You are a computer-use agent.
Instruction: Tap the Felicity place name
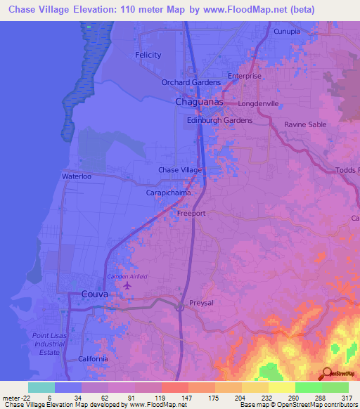pos(148,55)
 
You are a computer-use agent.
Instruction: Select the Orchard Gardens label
pos(191,82)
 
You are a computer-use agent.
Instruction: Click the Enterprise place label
pos(245,76)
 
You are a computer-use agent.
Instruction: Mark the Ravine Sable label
pos(305,124)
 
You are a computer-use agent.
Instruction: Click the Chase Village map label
pos(180,170)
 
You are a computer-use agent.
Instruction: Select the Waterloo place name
pos(77,176)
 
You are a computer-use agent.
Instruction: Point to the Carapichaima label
pos(169,190)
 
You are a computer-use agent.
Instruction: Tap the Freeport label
pos(191,212)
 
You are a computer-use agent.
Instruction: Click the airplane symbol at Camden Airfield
pos(127,285)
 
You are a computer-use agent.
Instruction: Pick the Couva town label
pos(94,294)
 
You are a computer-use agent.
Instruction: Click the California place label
pos(93,358)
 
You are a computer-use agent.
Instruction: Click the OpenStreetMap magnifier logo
pos(326,373)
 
